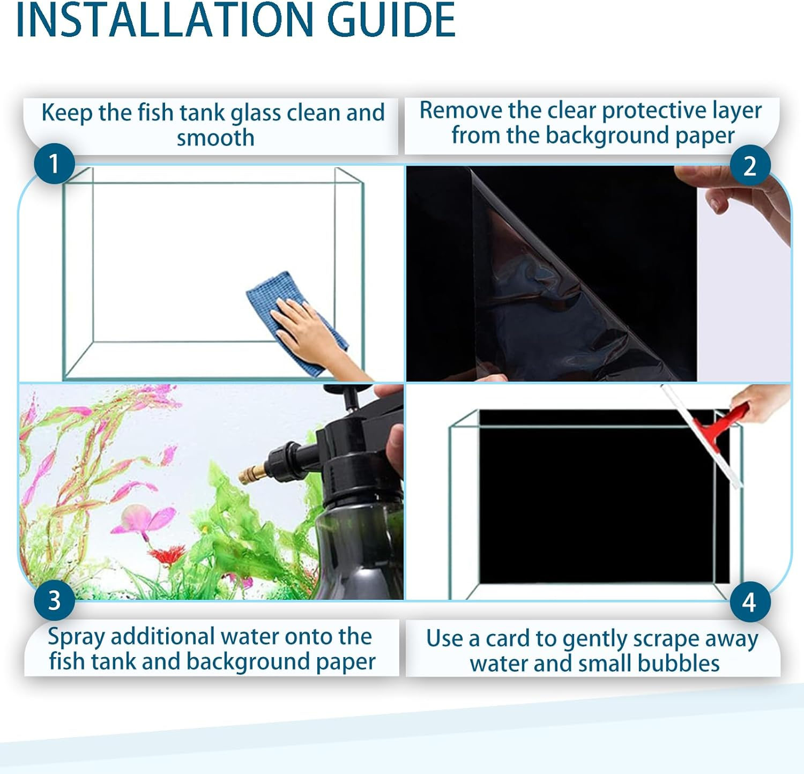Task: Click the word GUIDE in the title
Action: coord(391,20)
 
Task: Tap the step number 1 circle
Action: coord(54,163)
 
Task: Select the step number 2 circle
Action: coord(750,166)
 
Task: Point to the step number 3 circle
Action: coord(54,600)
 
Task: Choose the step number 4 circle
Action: coord(749,602)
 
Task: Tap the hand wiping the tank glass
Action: coord(306,327)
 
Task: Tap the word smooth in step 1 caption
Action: coord(215,138)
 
